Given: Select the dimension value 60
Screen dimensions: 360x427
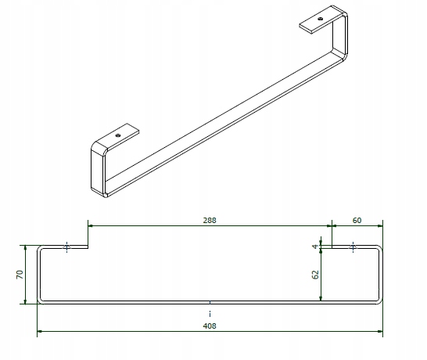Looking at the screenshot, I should tap(357, 221).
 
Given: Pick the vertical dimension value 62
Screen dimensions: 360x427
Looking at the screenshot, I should tap(315, 275).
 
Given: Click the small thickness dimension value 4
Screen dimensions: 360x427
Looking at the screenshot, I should tap(315, 247).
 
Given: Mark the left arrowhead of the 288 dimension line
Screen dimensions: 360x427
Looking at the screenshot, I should tap(91, 226).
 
